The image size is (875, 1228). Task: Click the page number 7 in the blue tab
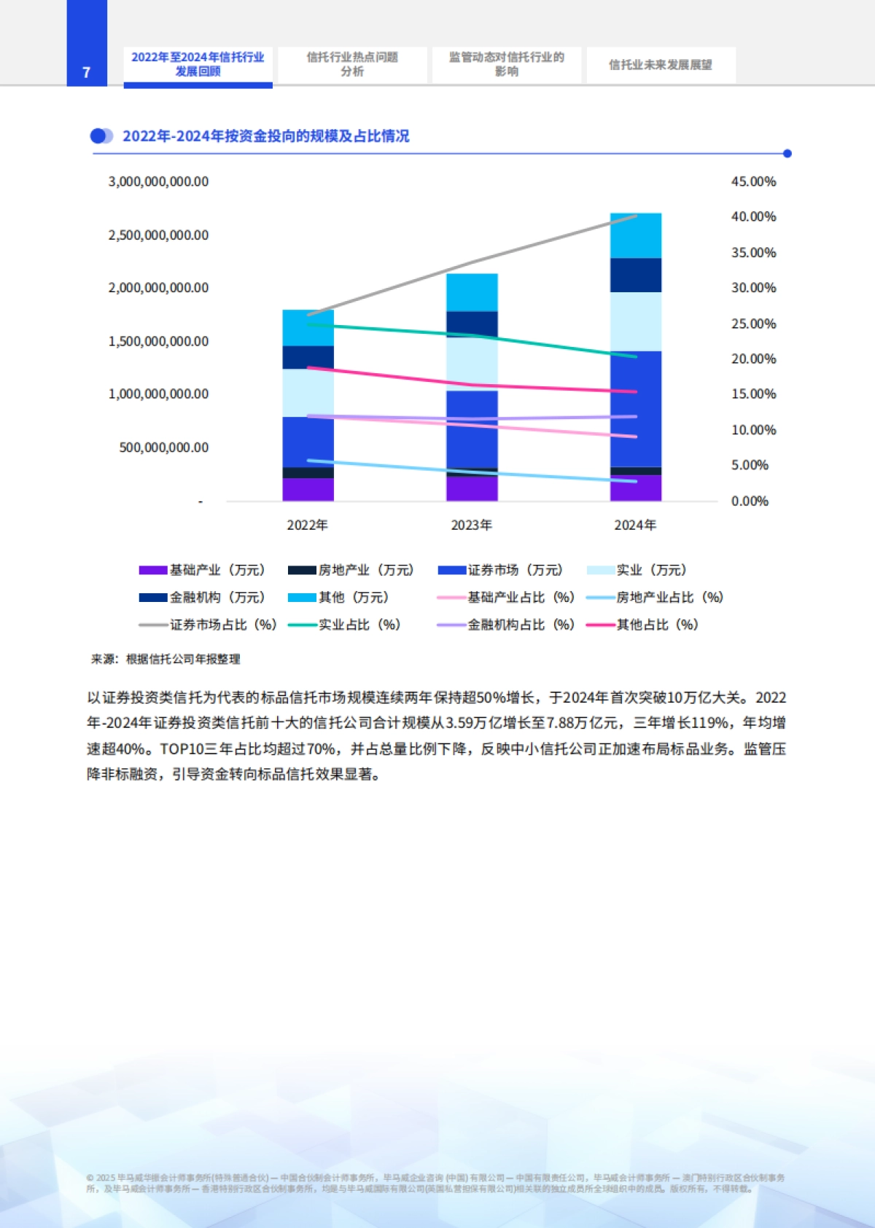(86, 72)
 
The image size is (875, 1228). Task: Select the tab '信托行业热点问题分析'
(352, 64)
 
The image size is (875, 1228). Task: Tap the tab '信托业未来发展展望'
(660, 65)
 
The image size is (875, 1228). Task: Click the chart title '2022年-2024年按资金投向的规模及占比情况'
(265, 136)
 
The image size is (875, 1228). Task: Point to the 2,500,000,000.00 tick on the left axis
(158, 235)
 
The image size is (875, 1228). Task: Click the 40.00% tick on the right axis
(753, 217)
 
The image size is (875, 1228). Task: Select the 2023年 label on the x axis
(471, 525)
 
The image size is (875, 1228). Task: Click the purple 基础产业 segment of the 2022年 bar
(308, 489)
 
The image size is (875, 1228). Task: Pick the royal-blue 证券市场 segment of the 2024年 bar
(635, 408)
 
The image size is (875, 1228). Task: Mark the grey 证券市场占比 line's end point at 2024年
(636, 216)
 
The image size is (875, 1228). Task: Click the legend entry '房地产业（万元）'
(351, 570)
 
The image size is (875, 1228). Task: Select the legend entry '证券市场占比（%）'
(208, 625)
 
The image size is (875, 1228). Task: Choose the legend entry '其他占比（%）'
(642, 625)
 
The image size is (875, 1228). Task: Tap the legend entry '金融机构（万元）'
(202, 598)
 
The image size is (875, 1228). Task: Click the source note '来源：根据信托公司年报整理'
(166, 659)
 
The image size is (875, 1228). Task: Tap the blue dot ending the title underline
(787, 154)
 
